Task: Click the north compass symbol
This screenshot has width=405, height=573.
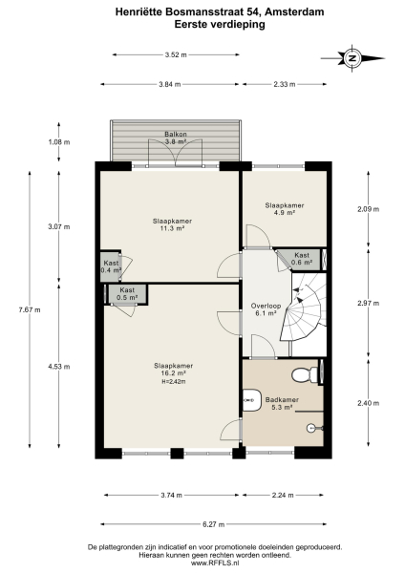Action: pyautogui.click(x=352, y=58)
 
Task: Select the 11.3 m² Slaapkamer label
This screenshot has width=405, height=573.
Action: pyautogui.click(x=172, y=225)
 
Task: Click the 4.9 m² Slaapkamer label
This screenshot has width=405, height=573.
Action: pyautogui.click(x=285, y=209)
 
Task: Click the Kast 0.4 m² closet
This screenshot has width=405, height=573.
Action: pyautogui.click(x=111, y=267)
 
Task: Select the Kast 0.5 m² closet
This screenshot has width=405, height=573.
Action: pyautogui.click(x=127, y=294)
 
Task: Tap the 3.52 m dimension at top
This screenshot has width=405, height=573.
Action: pyautogui.click(x=174, y=55)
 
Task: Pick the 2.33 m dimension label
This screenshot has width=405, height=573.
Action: pyautogui.click(x=285, y=85)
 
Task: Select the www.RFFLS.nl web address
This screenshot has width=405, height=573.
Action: pyautogui.click(x=202, y=563)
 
